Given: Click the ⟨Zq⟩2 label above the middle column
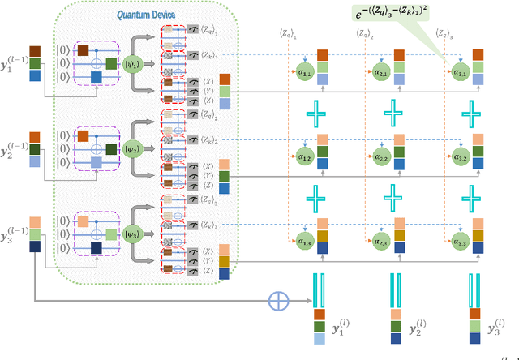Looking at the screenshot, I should pyautogui.click(x=362, y=33).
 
